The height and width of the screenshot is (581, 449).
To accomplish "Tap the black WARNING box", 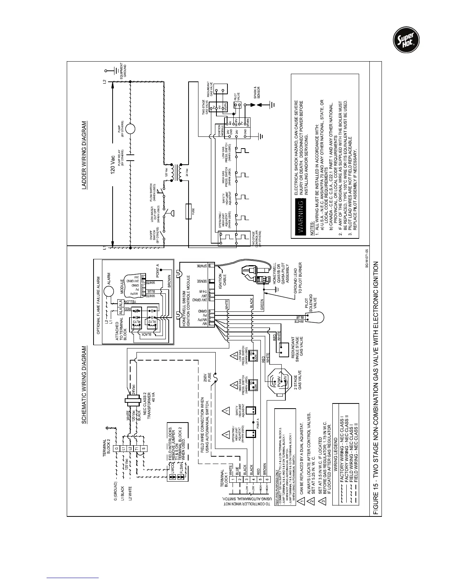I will point(299,216).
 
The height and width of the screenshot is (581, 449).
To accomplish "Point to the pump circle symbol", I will point(130,129).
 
